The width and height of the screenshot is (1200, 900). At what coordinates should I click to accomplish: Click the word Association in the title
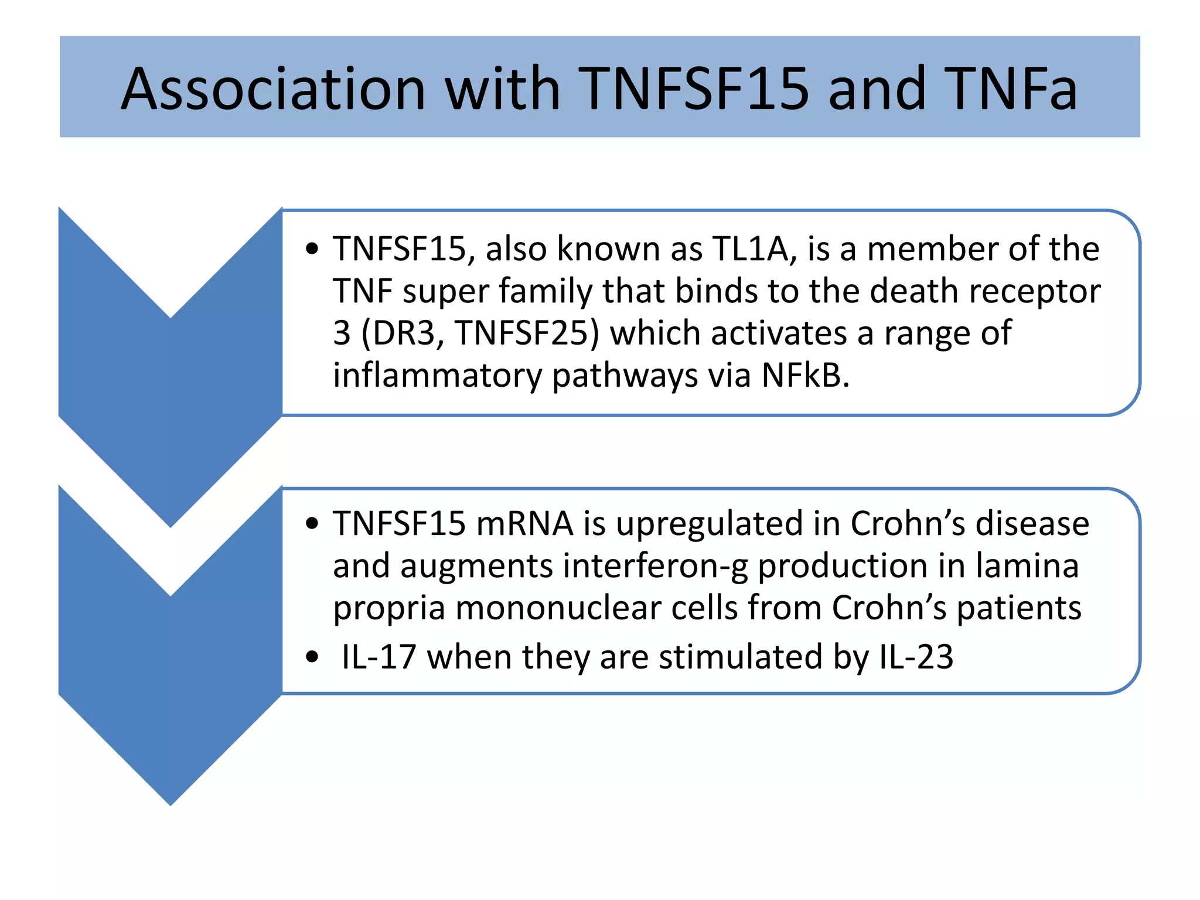[272, 89]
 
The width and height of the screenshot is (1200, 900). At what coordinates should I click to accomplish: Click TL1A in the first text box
[754, 248]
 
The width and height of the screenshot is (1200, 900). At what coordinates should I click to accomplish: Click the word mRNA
[524, 523]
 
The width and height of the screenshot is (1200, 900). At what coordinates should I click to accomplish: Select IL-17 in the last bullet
[379, 657]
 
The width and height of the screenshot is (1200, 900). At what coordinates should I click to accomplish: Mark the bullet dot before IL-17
[312, 657]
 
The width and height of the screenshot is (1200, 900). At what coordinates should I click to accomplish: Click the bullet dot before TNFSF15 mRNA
[312, 523]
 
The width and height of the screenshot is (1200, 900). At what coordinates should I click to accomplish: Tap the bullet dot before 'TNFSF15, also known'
[312, 249]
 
